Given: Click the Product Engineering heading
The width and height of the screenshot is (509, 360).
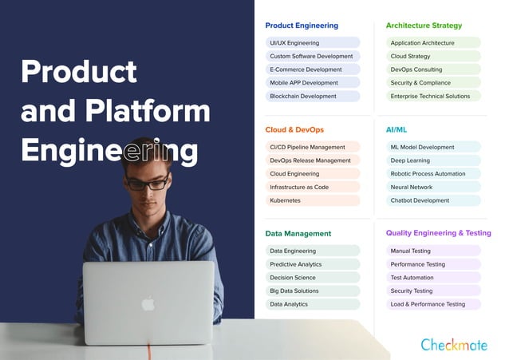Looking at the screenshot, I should tap(302, 26).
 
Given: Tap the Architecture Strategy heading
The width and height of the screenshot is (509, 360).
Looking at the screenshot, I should tap(424, 26).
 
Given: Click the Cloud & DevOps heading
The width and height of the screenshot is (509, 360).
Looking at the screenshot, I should tap(294, 129).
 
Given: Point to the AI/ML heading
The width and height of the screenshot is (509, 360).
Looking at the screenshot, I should tap(397, 129).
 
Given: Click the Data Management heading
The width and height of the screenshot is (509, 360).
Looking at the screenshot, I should tap(298, 234).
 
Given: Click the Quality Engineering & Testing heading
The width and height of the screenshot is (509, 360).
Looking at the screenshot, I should tap(439, 233).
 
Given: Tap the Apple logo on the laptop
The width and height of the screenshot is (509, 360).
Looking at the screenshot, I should tap(148, 303).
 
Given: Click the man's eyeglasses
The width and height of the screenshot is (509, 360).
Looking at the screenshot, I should tap(148, 183).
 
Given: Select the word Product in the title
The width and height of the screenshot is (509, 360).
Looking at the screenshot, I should tap(79, 72).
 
